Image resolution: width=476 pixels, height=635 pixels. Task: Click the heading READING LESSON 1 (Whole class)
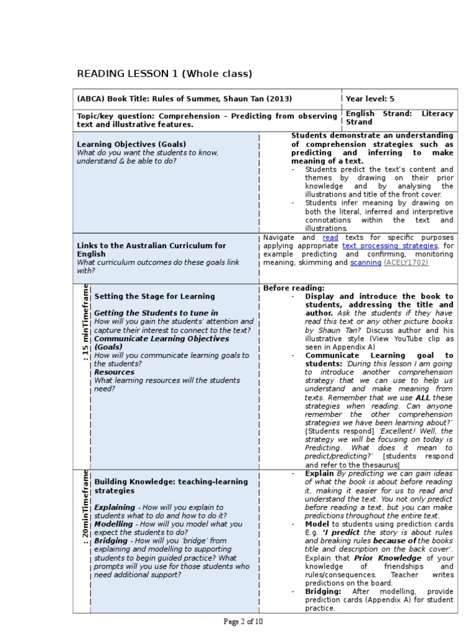coord(164,74)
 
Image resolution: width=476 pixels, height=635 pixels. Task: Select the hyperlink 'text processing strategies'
coord(390,246)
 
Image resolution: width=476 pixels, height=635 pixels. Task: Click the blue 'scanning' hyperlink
coord(365,262)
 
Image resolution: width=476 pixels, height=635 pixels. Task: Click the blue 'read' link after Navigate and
coord(330,238)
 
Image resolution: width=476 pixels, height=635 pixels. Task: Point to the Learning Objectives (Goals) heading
coord(131,144)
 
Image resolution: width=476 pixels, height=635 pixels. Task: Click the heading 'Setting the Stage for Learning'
coord(154,296)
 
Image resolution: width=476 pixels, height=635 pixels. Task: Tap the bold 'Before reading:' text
coord(294,288)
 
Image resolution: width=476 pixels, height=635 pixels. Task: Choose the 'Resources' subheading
coord(114,372)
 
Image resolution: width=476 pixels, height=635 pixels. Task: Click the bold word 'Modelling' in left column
coord(113,524)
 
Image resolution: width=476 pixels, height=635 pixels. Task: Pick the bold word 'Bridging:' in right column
coord(323,592)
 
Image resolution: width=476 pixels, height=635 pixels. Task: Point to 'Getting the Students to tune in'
coord(156,313)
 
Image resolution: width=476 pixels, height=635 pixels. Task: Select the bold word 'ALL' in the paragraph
coord(423,397)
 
